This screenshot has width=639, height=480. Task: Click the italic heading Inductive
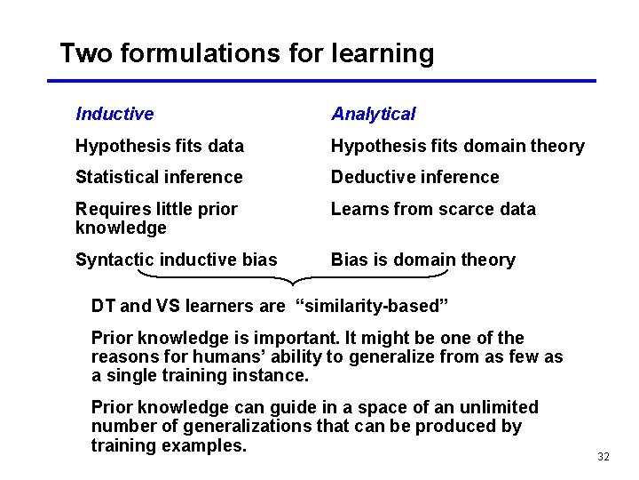click(x=114, y=114)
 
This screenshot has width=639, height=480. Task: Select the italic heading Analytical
click(x=373, y=114)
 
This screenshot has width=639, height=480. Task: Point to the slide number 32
click(x=603, y=457)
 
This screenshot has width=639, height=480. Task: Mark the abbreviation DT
click(x=103, y=307)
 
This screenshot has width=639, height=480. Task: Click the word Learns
click(x=357, y=209)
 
